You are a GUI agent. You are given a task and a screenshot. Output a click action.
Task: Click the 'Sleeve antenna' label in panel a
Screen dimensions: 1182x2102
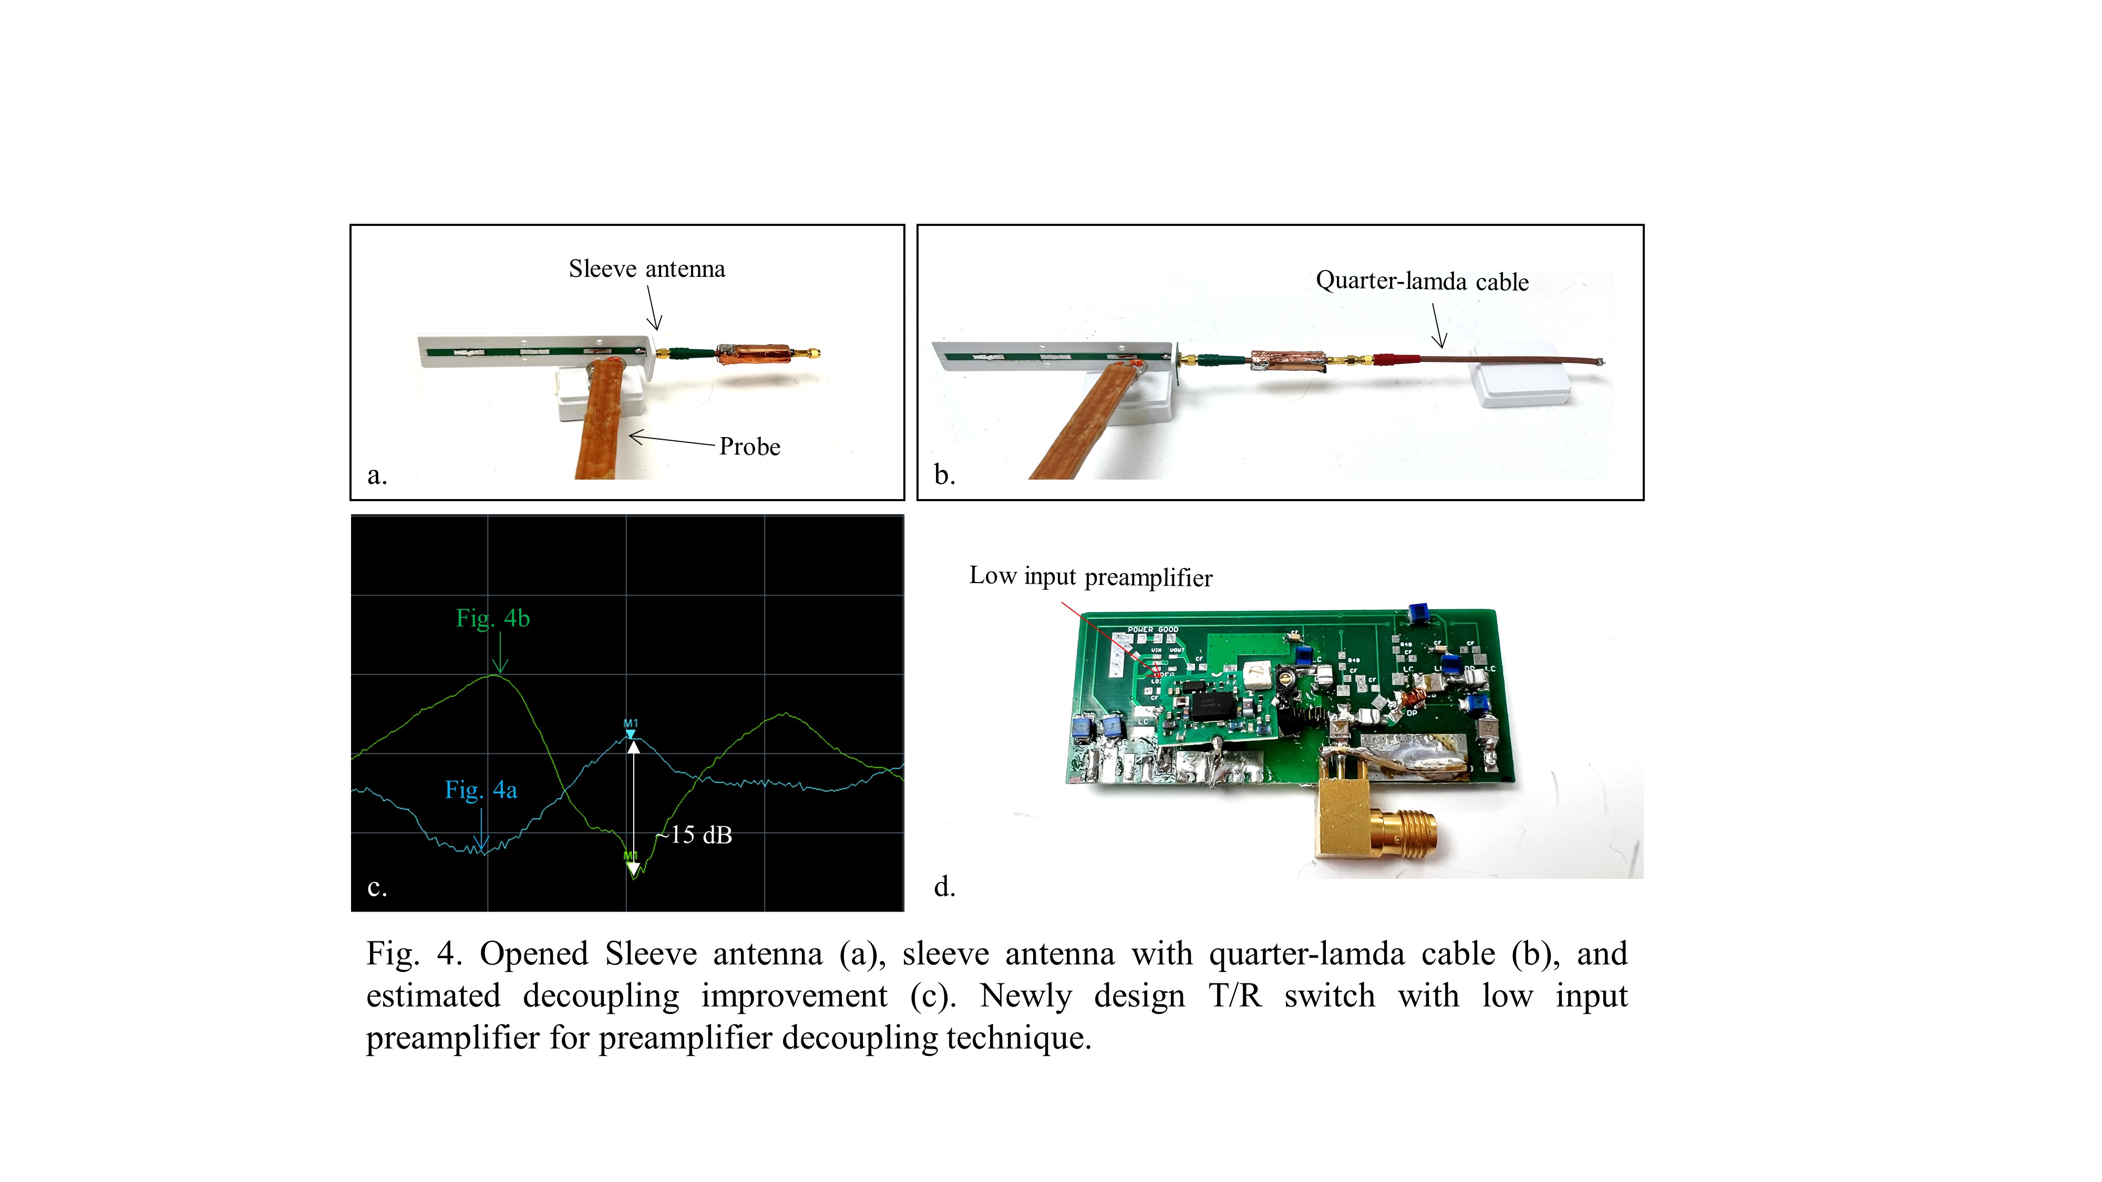point(646,269)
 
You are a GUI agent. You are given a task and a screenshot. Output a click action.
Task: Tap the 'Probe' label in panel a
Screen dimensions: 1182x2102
point(749,447)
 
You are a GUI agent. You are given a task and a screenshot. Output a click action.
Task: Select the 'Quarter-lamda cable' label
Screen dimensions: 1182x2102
point(1421,282)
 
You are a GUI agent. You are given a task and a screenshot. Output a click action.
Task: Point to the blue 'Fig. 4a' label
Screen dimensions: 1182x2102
point(481,790)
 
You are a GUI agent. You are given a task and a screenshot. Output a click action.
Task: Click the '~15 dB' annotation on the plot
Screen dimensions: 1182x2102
point(695,835)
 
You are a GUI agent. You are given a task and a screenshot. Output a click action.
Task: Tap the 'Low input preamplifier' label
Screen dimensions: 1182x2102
point(1090,577)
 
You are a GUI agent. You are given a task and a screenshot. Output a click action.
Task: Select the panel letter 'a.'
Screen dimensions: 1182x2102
point(376,475)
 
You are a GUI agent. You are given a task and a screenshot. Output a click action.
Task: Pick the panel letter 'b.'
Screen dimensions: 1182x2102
point(944,475)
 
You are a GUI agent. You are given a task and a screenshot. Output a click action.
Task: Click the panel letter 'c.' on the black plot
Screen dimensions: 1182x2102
point(376,887)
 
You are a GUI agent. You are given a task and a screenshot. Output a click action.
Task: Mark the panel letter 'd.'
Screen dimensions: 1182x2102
point(944,887)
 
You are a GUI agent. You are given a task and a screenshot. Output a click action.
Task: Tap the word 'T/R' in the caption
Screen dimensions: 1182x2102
point(1234,996)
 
